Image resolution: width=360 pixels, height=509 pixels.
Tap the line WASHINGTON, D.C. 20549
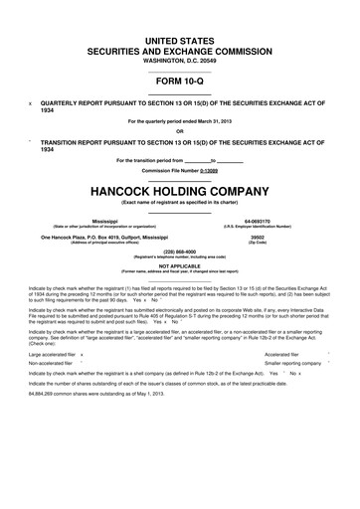tap(180, 59)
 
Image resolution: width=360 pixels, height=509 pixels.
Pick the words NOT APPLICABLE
tap(180, 265)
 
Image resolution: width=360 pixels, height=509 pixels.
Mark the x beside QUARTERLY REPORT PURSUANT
tap(31, 101)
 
